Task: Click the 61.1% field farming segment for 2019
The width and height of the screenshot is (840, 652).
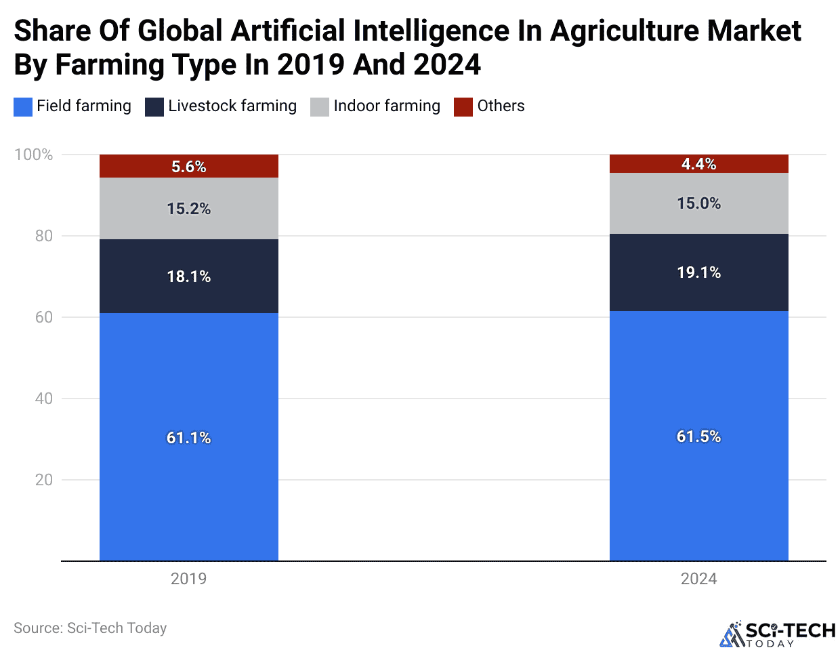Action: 188,437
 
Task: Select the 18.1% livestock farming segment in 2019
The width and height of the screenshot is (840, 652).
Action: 188,276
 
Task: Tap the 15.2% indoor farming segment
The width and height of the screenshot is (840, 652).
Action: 188,208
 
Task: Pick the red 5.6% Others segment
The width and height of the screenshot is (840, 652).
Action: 188,166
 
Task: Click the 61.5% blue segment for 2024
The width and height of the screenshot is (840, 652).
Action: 698,436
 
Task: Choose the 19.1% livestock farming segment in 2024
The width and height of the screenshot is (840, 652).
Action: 698,272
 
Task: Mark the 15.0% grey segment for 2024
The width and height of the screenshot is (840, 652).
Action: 698,203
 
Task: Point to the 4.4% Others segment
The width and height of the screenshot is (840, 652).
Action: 698,164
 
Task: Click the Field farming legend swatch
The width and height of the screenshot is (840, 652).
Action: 23,107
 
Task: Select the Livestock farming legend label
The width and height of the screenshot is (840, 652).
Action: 232,106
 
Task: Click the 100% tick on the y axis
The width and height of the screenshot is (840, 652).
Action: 33,155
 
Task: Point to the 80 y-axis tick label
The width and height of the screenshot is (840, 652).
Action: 43,236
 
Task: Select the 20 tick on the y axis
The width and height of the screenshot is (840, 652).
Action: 43,480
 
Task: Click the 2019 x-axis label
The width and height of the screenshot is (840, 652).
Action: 188,579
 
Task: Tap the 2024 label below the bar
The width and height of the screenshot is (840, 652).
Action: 698,579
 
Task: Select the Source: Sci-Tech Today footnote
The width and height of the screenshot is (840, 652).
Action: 90,628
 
